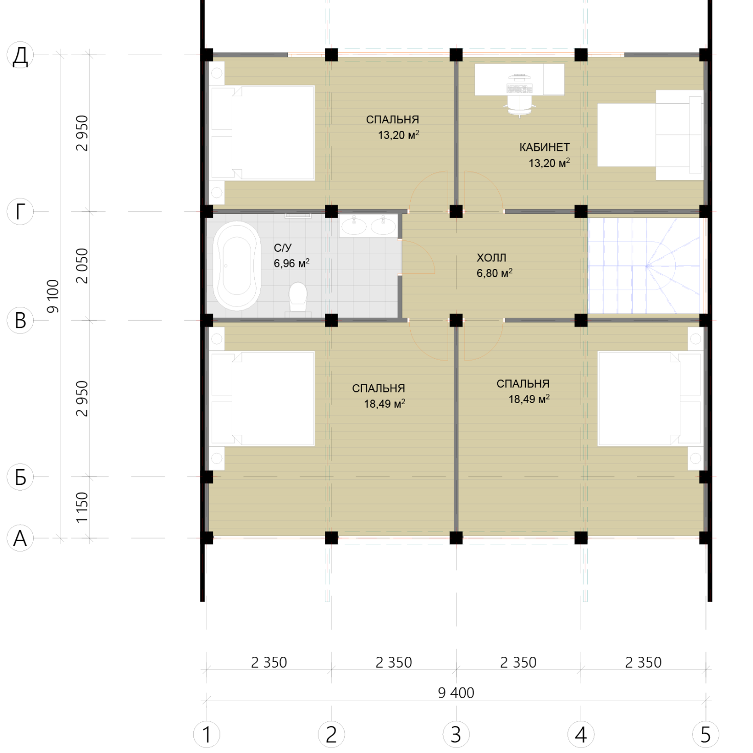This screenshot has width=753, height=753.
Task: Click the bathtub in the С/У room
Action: point(237,265)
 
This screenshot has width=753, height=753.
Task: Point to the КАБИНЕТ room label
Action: point(544,147)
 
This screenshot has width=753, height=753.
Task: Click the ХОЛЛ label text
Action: point(491,257)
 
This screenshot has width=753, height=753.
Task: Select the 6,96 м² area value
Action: point(292,263)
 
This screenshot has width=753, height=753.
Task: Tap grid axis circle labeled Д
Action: point(20,55)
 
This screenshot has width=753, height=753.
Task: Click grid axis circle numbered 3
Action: point(456,734)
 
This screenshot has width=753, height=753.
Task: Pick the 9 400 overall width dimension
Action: point(456,693)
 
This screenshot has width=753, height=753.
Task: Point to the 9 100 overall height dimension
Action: point(53,296)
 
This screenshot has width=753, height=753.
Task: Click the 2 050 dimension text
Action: point(82,265)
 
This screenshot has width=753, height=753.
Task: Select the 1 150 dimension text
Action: point(82,507)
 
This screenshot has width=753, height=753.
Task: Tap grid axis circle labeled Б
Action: point(20,477)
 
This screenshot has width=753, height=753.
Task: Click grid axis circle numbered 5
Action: point(705,734)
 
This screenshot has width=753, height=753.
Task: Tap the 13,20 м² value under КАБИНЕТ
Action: point(549,163)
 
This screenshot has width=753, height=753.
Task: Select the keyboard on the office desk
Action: point(519,88)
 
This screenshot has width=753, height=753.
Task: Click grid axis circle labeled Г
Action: point(20,212)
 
